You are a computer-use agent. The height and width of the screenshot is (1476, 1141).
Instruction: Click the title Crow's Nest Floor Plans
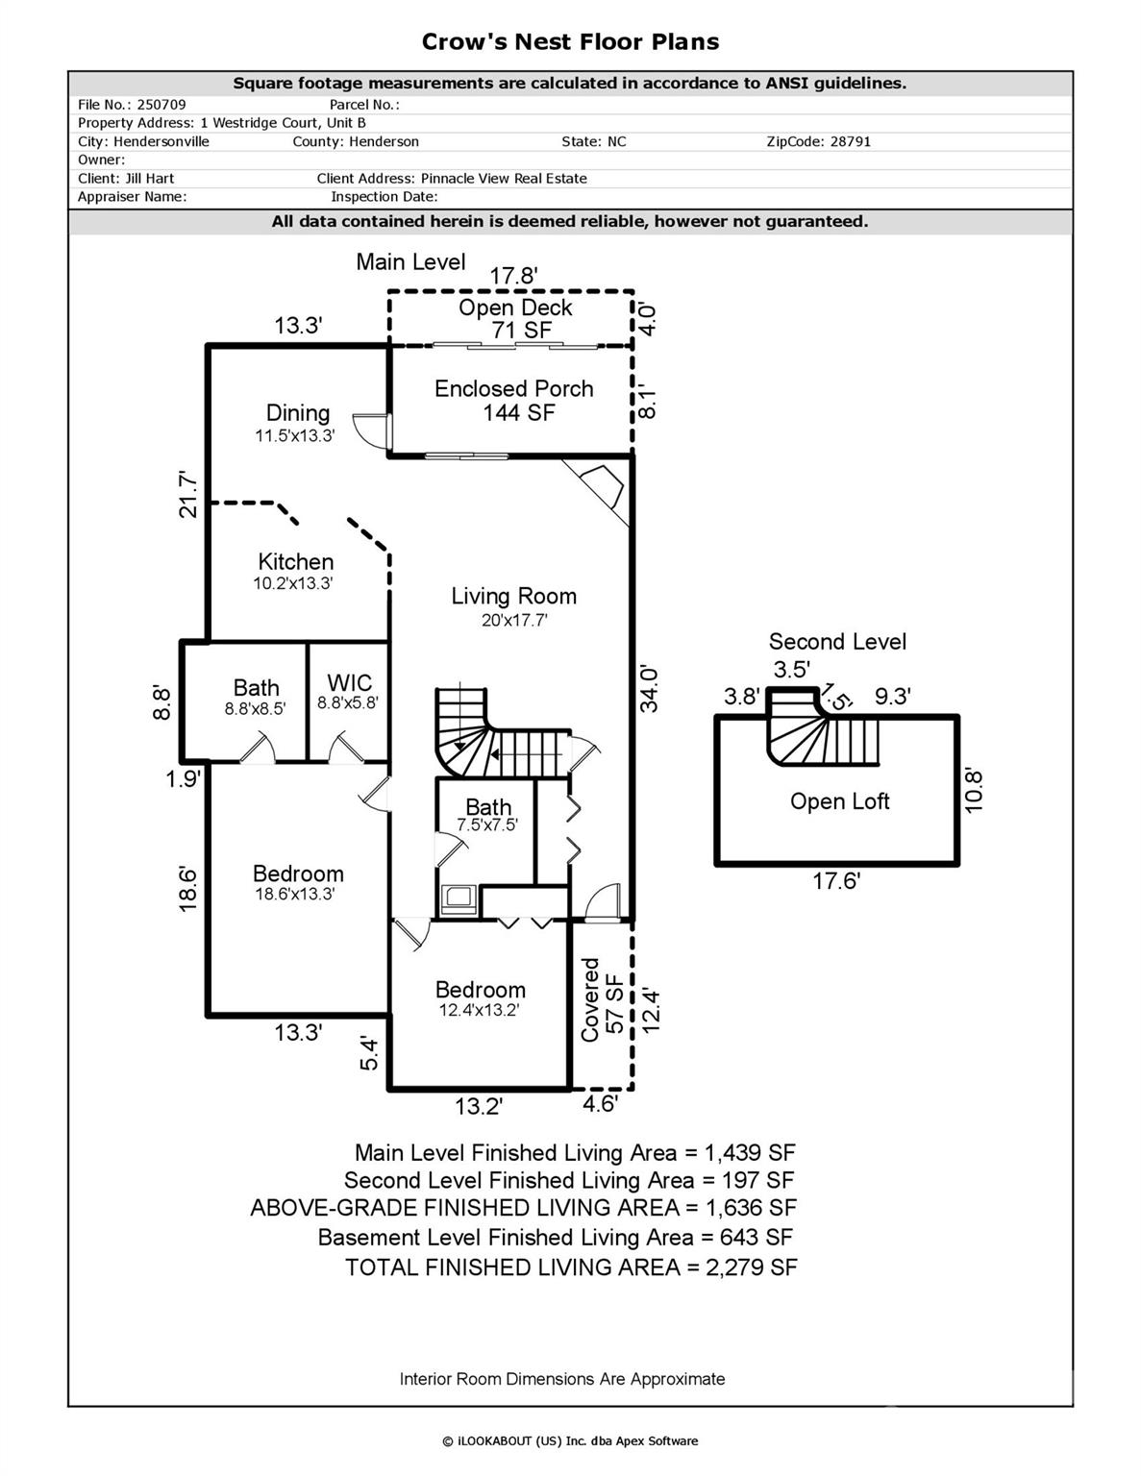click(x=570, y=41)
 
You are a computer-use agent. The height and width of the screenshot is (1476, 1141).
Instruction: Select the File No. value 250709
click(x=161, y=105)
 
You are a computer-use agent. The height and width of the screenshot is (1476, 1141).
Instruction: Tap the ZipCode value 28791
click(x=846, y=141)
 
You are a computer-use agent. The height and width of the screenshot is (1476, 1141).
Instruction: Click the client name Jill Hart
click(x=148, y=178)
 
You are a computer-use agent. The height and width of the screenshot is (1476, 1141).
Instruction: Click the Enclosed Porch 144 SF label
click(x=514, y=401)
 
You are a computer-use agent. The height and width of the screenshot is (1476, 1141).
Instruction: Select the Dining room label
click(x=297, y=422)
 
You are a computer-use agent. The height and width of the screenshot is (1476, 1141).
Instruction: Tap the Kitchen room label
click(x=295, y=571)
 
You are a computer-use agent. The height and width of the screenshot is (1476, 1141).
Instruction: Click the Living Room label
click(x=514, y=605)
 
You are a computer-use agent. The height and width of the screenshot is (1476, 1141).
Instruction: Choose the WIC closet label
click(x=349, y=691)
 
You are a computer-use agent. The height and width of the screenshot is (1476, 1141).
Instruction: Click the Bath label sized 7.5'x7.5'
click(x=488, y=814)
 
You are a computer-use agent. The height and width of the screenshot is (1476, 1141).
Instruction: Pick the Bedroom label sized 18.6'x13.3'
click(x=297, y=882)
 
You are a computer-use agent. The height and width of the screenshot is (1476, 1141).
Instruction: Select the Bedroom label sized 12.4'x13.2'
click(x=480, y=997)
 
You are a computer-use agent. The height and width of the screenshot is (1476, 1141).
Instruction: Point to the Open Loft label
click(x=839, y=801)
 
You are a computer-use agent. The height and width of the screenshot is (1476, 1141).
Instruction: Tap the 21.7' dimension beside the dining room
click(x=188, y=494)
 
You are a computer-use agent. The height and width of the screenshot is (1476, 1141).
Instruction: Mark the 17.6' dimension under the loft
click(x=835, y=881)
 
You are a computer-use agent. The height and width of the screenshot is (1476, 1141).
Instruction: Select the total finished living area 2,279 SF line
click(x=571, y=1267)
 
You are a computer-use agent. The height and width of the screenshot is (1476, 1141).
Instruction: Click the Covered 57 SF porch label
click(x=602, y=999)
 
